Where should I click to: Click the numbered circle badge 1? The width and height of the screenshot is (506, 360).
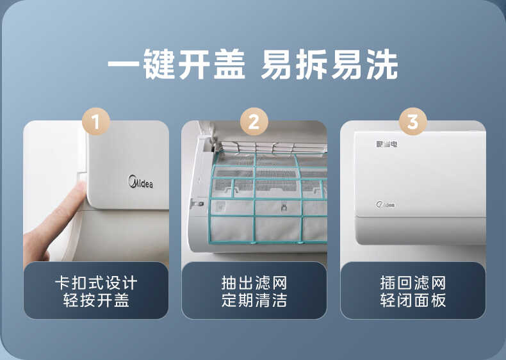point(96,122)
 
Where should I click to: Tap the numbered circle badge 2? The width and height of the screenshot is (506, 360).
point(254,122)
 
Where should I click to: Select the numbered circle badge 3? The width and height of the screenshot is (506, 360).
point(412,122)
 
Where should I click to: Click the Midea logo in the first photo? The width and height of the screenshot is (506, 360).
point(142,181)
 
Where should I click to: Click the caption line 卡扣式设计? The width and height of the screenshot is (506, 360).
point(96,283)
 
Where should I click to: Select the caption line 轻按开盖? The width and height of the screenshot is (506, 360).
point(96,300)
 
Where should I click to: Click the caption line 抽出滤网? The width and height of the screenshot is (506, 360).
point(254,283)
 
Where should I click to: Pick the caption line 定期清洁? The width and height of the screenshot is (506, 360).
point(254,300)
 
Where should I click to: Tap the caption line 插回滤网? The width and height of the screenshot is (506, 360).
point(412,283)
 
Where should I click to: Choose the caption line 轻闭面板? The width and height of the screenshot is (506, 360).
point(412,300)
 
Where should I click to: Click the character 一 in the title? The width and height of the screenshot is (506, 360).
point(123,65)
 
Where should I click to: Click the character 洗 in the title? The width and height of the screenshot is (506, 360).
point(382,65)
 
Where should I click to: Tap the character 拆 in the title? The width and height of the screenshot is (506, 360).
point(312,65)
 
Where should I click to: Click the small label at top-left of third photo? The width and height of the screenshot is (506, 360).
point(386,144)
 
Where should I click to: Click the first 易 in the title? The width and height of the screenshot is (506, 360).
point(277,65)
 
